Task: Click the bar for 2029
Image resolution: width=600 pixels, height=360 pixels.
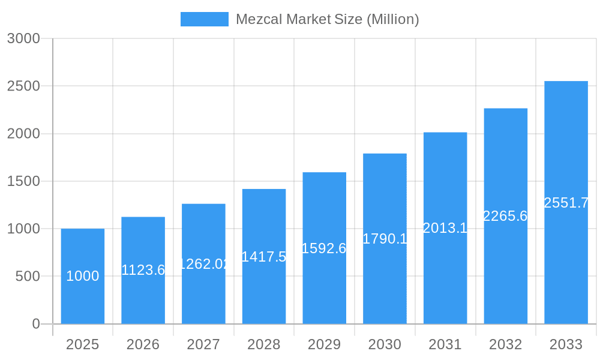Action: tap(325, 288)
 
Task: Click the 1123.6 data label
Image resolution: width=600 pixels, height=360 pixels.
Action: tap(143, 270)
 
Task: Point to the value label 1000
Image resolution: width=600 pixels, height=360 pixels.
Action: tap(83, 276)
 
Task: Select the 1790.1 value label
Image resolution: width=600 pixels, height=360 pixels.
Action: tap(385, 239)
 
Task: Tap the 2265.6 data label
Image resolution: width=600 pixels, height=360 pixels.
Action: tap(505, 216)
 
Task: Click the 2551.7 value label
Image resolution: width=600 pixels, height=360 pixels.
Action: tap(566, 203)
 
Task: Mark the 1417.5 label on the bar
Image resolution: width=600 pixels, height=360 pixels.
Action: tap(264, 257)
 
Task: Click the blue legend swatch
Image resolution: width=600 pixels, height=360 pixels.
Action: tap(205, 19)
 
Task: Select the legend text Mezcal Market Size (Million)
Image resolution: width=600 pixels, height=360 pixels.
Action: tap(327, 19)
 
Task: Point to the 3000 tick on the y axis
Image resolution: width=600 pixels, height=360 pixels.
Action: tap(23, 38)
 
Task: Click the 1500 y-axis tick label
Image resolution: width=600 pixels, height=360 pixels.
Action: tap(23, 181)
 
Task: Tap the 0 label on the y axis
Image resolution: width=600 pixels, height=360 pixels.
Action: tap(35, 324)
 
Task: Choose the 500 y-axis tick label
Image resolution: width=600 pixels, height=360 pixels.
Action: tap(27, 277)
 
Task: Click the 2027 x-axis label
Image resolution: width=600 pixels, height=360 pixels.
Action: tap(203, 344)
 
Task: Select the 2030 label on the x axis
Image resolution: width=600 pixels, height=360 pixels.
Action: tap(385, 344)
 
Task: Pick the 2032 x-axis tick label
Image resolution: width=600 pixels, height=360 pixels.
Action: tap(505, 344)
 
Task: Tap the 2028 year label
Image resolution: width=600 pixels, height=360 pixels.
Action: tap(264, 344)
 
